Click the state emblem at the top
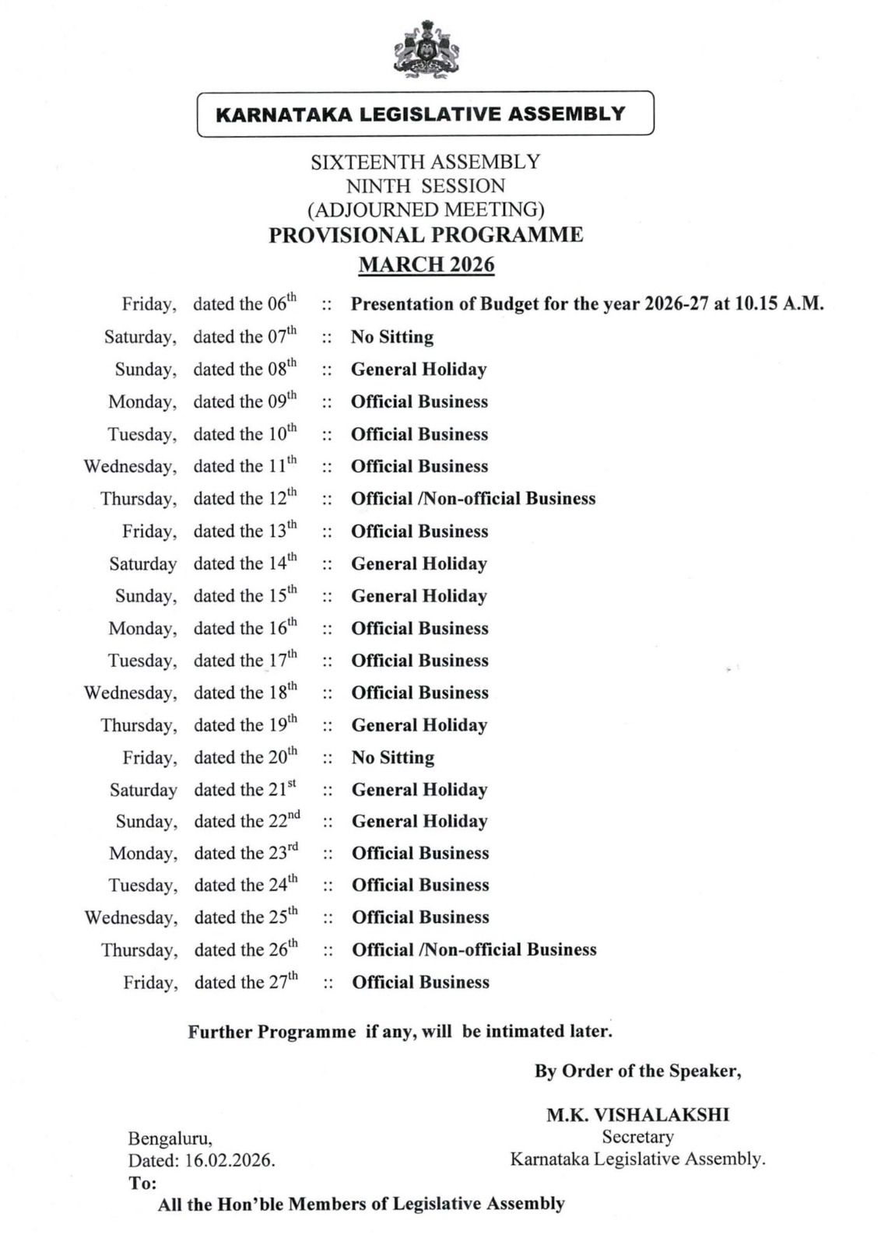426,50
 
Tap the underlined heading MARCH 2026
426,265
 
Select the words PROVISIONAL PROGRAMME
426,235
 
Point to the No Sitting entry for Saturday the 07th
391,337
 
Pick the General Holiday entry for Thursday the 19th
419,725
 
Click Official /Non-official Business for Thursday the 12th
472,499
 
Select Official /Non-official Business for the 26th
473,950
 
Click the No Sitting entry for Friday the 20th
392,758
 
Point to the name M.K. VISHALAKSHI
637,1115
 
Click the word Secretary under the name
637,1137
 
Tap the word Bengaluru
170,1139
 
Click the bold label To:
142,1184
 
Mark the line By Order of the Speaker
637,1071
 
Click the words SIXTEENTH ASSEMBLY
426,162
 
